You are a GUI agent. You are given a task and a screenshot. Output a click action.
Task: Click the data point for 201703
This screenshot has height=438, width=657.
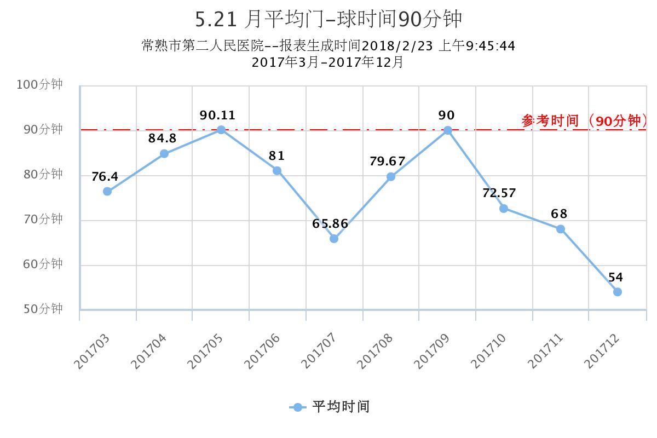pos(107,191)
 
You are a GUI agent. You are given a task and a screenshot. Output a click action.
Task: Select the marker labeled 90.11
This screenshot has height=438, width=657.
pos(221,130)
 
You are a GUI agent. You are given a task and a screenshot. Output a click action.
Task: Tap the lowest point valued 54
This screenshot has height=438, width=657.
pos(618,292)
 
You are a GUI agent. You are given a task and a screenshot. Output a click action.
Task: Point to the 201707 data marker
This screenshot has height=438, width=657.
pos(334,239)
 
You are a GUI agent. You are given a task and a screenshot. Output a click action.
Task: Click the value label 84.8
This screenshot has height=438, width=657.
pos(162,139)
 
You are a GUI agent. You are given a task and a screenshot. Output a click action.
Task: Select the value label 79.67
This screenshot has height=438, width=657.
pos(387,162)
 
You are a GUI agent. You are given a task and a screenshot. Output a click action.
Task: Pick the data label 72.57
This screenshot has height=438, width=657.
pos(499,193)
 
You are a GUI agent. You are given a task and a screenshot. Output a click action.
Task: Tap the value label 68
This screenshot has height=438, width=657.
pos(559,214)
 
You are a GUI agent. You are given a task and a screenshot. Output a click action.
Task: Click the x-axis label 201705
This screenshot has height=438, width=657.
pos(205,351)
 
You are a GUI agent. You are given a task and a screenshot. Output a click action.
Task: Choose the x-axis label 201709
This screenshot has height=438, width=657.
pos(431,351)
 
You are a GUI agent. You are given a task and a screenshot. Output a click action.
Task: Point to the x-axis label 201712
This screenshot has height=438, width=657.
pos(601,351)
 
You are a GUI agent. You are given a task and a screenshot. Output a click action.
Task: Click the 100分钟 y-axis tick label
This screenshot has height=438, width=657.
pos(39,84)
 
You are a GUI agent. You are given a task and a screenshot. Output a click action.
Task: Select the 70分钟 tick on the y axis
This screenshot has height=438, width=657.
pos(42,219)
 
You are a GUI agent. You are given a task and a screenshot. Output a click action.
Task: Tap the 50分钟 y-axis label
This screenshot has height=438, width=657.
pos(42,309)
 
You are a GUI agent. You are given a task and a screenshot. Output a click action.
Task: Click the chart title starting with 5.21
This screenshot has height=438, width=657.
pos(328,19)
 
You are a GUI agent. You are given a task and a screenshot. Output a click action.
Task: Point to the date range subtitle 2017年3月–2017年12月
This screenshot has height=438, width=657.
pos(327,62)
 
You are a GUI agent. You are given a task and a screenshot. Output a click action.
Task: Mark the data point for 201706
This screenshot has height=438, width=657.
pos(277,171)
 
